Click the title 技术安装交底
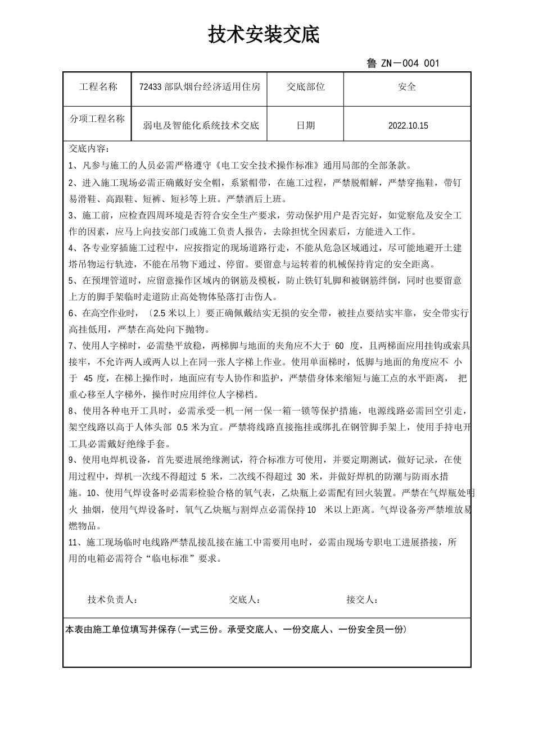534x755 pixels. coord(264,35)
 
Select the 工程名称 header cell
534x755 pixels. coord(98,87)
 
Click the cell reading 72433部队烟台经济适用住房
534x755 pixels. coord(200,87)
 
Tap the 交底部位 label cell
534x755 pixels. coord(305,87)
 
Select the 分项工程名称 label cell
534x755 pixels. coord(97,119)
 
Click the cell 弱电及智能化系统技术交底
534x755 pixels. coord(201,125)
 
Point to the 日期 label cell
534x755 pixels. coord(305,125)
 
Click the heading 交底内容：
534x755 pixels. coord(89,149)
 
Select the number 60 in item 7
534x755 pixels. coord(339,345)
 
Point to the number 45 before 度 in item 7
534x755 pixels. coord(89,378)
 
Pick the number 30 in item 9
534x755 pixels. coord(301,477)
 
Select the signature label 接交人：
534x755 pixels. coord(362,600)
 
